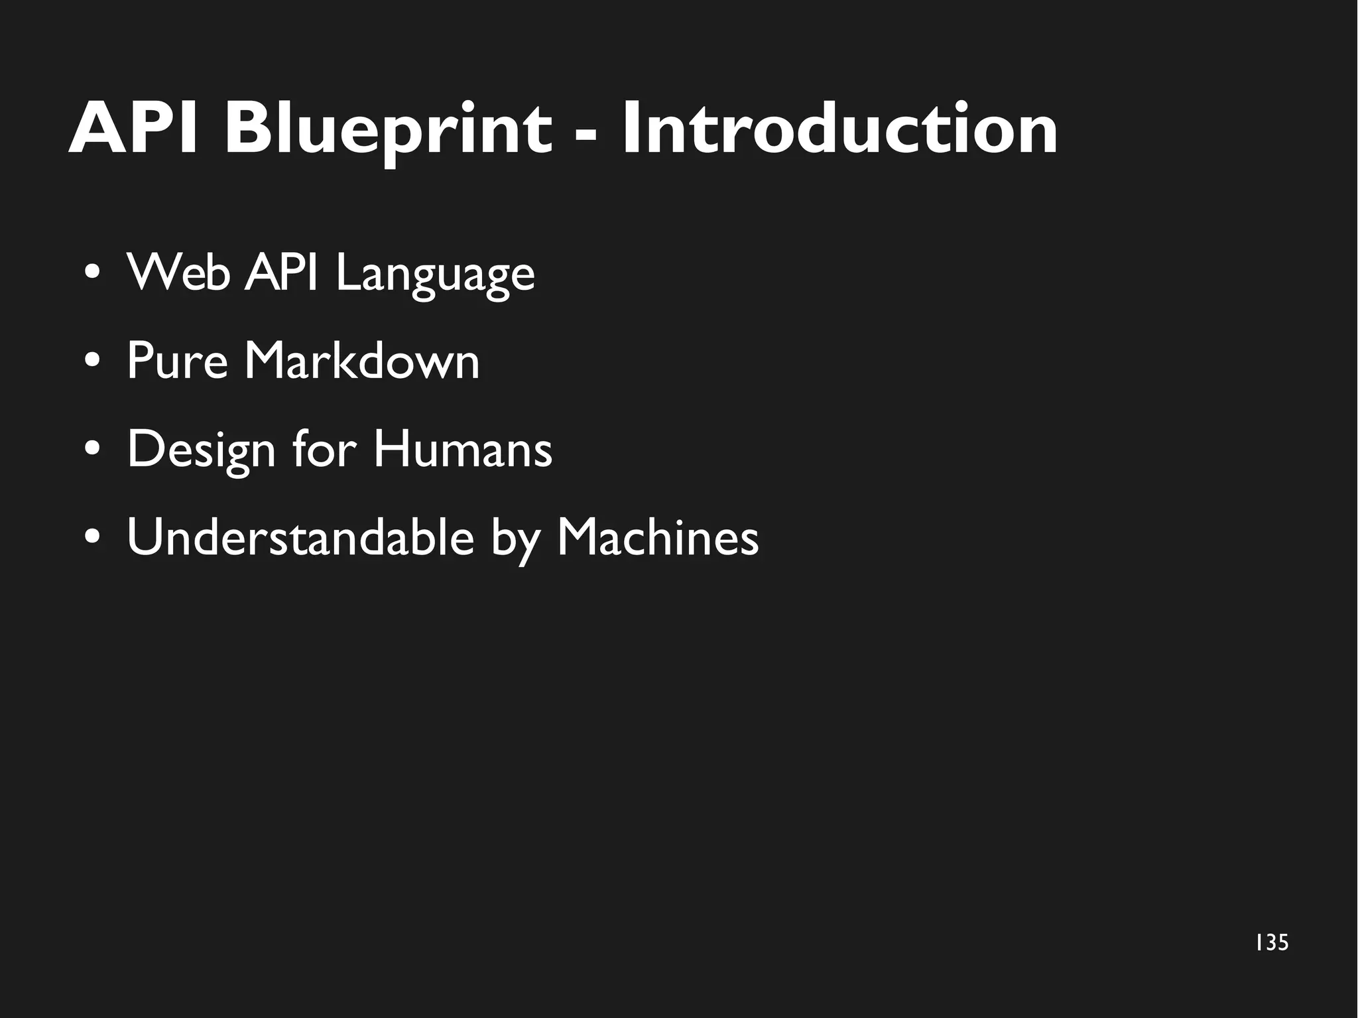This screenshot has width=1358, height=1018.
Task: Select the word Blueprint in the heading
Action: (x=387, y=131)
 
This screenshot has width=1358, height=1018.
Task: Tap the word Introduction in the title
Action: (x=839, y=129)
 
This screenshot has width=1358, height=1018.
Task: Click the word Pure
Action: (x=177, y=361)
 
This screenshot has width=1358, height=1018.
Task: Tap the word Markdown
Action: (x=362, y=361)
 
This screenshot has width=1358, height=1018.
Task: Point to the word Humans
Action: (x=462, y=449)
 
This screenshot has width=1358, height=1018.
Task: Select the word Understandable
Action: (x=300, y=537)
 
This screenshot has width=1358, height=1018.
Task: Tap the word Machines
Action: (x=657, y=537)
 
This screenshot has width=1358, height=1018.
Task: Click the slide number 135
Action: (x=1272, y=942)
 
